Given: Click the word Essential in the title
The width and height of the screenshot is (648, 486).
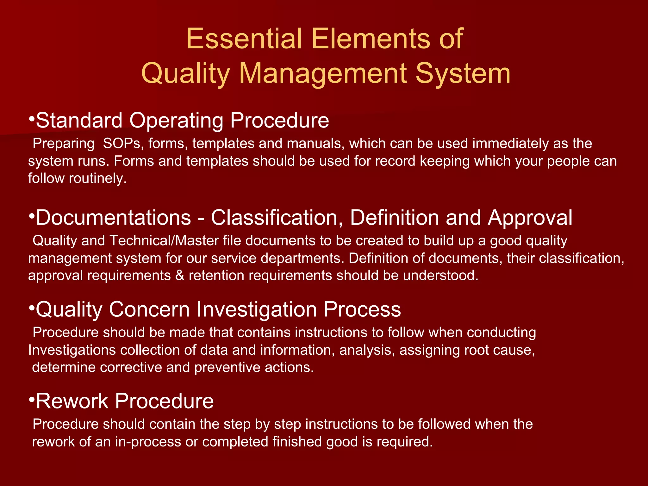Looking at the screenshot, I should coord(244,39).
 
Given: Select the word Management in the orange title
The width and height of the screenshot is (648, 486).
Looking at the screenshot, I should coord(322,73).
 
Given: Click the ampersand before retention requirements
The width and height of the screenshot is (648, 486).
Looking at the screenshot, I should coord(180,276).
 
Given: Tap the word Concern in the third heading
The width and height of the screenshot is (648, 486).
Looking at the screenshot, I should coord(149,309).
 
